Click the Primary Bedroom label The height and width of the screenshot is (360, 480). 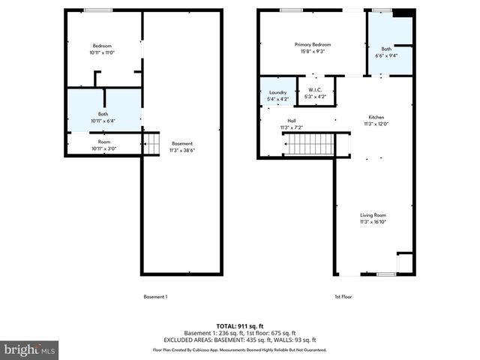click(312, 45)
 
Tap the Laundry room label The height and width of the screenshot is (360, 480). click(277, 92)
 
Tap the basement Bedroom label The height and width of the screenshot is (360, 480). click(102, 46)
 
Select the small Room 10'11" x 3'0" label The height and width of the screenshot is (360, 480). click(103, 142)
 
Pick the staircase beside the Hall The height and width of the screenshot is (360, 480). click(307, 143)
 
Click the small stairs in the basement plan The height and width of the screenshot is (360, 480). click(152, 142)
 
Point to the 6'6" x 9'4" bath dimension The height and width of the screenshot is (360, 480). click(386, 55)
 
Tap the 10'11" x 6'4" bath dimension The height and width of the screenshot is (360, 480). click(103, 121)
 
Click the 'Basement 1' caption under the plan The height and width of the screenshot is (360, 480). click(155, 297)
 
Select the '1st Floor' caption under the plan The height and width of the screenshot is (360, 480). click(343, 297)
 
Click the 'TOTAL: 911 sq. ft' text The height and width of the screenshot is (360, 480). click(240, 326)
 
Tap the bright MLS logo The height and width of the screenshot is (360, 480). click(30, 349)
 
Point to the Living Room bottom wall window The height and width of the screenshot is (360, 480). click(386, 274)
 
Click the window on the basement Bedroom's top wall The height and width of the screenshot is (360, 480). click(98, 10)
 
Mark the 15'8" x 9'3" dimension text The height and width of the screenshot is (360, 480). click(312, 51)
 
